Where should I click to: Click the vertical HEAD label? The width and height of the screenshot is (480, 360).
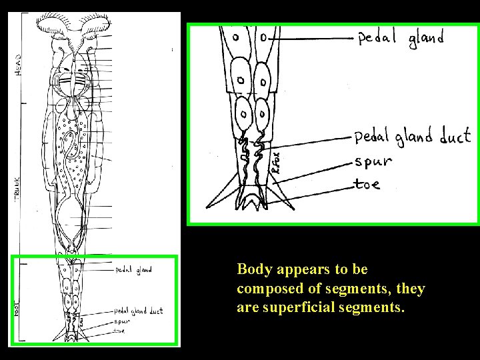(18, 65)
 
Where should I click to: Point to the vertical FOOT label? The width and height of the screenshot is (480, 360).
(17, 308)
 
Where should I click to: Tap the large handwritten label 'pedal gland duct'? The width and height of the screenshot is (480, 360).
(412, 138)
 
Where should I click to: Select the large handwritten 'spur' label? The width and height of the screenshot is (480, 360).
(373, 161)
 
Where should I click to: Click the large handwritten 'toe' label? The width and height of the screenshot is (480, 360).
(368, 183)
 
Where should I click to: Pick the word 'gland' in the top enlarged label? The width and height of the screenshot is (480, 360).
(426, 39)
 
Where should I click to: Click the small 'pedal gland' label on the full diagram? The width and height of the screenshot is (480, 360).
(133, 270)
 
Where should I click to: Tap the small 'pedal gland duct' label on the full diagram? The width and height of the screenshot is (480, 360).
(138, 311)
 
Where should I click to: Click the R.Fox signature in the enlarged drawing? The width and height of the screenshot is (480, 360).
(277, 162)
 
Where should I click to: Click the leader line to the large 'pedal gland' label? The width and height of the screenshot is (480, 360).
(310, 39)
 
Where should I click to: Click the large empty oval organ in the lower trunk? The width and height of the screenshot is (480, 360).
(73, 223)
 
